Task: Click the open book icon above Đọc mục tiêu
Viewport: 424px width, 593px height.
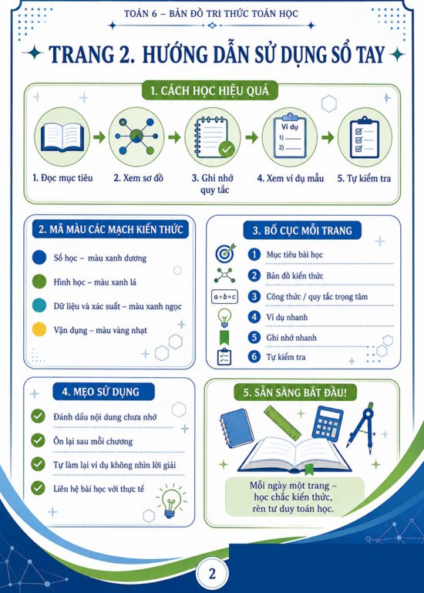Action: coord(62,137)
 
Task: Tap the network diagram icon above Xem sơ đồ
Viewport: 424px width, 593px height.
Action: coord(136,136)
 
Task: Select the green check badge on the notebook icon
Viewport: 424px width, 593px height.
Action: coord(226,150)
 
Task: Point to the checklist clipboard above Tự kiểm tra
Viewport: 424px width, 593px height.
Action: coord(364,138)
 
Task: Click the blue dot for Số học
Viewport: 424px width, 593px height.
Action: coord(39,258)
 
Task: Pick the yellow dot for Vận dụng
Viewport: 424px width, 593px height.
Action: coord(39,329)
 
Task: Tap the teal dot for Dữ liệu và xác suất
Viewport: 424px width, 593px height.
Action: coord(39,305)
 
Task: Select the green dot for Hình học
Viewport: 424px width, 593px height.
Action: coord(39,281)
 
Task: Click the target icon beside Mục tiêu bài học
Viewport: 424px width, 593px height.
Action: coord(225,253)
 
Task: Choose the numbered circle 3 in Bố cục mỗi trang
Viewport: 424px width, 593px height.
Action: coord(254,296)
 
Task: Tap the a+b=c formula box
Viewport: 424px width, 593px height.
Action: coord(224,297)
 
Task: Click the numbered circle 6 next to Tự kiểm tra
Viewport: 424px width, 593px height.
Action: coord(254,356)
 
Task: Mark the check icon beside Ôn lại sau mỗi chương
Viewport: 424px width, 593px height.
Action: coord(38,440)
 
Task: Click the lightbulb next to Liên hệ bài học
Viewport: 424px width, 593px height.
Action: coord(171,501)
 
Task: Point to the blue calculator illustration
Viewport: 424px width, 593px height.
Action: coord(327,424)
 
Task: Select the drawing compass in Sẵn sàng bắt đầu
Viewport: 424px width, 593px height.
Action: coord(362,426)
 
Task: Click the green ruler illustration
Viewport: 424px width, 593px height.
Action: coord(282,423)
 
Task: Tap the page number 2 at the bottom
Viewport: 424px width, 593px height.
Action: coord(212,574)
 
